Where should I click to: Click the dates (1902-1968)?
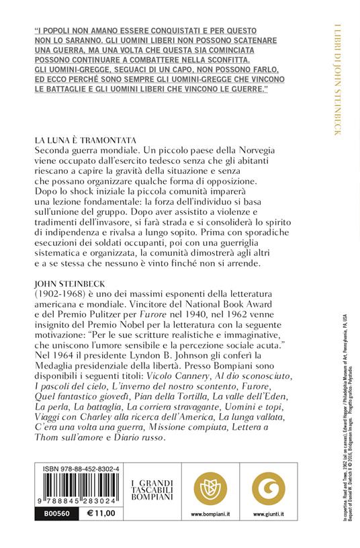pos(60,306)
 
